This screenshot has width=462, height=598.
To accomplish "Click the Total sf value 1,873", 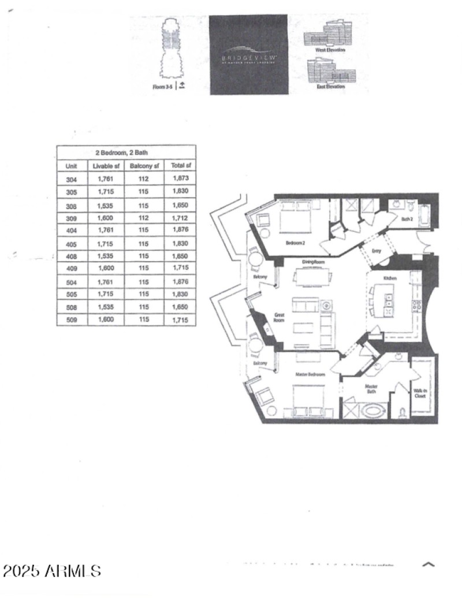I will [180, 179].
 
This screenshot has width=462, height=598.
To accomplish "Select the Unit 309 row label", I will [72, 218].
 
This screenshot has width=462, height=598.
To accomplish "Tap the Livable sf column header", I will [106, 166].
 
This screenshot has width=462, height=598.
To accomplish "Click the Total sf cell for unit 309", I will [180, 218].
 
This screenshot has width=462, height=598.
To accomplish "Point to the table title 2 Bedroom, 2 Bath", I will [126, 153].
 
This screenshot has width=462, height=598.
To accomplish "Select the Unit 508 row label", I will [72, 307].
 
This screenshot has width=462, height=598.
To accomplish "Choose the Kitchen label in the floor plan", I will [390, 278].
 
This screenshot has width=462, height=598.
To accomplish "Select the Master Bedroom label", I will [310, 375].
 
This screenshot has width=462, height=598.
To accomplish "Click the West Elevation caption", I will [330, 50].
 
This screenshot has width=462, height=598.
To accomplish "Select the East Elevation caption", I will [330, 86].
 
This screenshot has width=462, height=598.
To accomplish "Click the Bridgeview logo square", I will [248, 55].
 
